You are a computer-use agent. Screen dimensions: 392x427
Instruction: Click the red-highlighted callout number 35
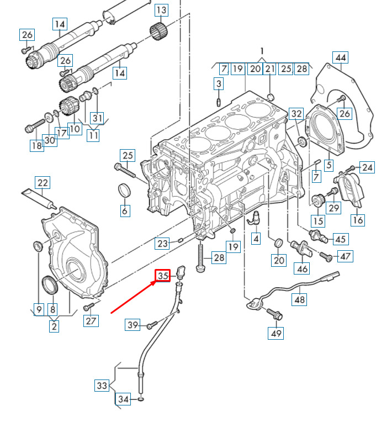pyautogui.click(x=162, y=276)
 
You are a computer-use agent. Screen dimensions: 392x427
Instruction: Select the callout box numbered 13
pyautogui.click(x=161, y=10)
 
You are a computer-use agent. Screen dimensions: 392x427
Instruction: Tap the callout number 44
pyautogui.click(x=340, y=57)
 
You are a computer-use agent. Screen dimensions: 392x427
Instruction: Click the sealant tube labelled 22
pyautogui.click(x=39, y=199)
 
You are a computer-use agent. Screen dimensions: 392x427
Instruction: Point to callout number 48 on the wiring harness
pyautogui.click(x=299, y=299)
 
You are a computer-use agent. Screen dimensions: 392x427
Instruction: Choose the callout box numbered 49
pyautogui.click(x=276, y=333)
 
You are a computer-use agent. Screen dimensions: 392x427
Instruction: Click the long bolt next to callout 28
pyautogui.click(x=200, y=257)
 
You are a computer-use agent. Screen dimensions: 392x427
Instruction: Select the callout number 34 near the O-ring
pyautogui.click(x=123, y=399)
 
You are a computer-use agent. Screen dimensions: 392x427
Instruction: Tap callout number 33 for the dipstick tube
pyautogui.click(x=102, y=385)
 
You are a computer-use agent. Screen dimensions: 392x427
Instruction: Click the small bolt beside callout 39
pyautogui.click(x=152, y=325)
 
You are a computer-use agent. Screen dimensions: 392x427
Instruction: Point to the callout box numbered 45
pyautogui.click(x=341, y=239)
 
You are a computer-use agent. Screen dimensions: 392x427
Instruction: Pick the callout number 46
pyautogui.click(x=302, y=268)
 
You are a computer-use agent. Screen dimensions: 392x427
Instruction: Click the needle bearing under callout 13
pyautogui.click(x=158, y=32)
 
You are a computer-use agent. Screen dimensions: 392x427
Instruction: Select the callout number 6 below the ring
pyautogui.click(x=125, y=210)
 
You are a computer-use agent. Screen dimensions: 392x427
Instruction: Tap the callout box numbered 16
pyautogui.click(x=357, y=219)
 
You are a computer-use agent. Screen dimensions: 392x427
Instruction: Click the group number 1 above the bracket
pyautogui.click(x=262, y=51)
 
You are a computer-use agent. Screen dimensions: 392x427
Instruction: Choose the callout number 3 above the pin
pyautogui.click(x=219, y=83)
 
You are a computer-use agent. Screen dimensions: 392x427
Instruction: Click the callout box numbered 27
pyautogui.click(x=91, y=320)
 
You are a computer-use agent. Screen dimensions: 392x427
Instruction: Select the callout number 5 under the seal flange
pyautogui.click(x=329, y=165)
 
